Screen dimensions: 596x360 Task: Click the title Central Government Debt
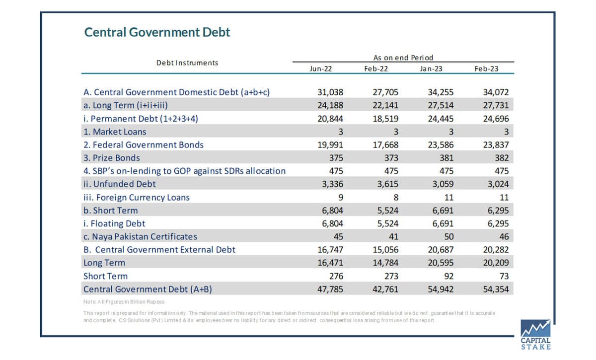pos(157,32)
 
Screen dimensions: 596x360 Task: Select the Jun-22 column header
pos(321,69)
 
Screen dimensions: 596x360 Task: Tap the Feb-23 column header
pos(486,69)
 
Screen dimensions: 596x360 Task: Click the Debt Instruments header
pos(187,63)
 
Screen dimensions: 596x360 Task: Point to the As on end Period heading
pos(403,58)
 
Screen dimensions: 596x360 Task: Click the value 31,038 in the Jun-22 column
pos(330,92)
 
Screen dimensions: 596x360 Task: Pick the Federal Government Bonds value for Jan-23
pos(441,145)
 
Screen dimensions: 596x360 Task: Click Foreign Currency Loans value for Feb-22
pos(396,198)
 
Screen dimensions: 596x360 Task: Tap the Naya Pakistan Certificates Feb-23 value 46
pos(504,236)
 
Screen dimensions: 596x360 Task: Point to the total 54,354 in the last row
pos(496,289)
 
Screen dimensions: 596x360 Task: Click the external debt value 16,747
pos(330,250)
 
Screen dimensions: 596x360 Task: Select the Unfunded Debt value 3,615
pos(388,184)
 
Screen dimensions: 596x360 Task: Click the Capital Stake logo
pos(535,335)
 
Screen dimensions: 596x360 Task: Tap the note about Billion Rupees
pos(124,302)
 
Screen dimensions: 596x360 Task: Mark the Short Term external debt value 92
pos(449,276)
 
